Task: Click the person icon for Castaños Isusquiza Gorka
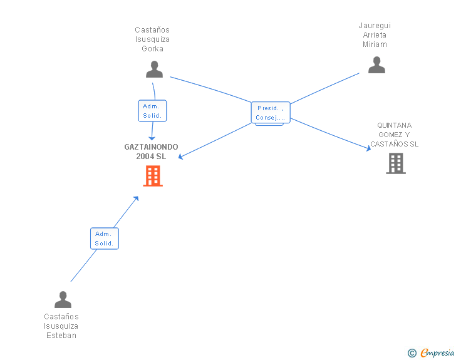[x=154, y=69]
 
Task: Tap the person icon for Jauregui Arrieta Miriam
[x=376, y=65]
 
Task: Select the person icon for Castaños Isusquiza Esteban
[x=63, y=299]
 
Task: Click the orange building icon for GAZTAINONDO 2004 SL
[x=153, y=176]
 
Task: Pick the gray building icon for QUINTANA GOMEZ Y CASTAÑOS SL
[x=396, y=163]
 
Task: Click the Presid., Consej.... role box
[x=271, y=113]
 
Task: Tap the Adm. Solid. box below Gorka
[x=152, y=111]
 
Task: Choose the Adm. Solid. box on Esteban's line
[x=105, y=239]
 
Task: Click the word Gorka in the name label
[x=152, y=49]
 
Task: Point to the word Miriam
[x=375, y=44]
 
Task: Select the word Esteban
[x=61, y=336]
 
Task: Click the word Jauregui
[x=375, y=26]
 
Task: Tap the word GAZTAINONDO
[x=151, y=147]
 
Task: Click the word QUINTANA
[x=395, y=125]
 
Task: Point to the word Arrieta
[x=375, y=35]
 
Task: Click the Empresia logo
[x=437, y=353]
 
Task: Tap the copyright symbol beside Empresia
[x=412, y=353]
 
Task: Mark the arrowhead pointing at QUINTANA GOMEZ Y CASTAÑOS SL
[x=369, y=148]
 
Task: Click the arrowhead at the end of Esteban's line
[x=136, y=198]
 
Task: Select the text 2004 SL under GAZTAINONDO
[x=151, y=156]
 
